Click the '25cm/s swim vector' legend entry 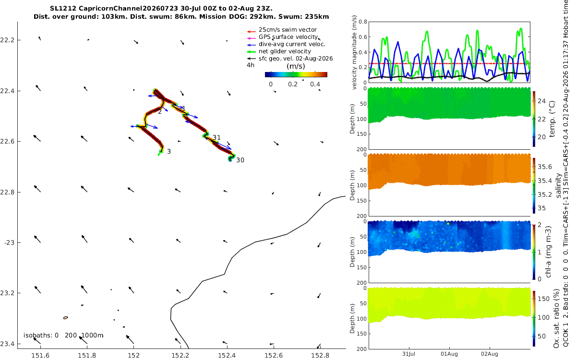[282, 30]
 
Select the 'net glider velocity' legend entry [279, 51]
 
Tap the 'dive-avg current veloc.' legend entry [286, 44]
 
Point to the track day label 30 [240, 160]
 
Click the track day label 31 [217, 138]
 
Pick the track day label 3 [169, 152]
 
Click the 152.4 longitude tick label [227, 355]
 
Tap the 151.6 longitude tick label [40, 355]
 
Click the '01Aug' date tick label [449, 354]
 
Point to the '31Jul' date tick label [409, 354]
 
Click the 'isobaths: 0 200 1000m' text [63, 336]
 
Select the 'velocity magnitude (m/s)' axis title [354, 52]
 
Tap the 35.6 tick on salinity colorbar [545, 167]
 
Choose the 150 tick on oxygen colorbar [543, 299]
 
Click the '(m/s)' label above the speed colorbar [296, 66]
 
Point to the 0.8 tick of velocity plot [362, 22]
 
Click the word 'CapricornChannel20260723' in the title [128, 9]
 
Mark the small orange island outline [66, 318]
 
